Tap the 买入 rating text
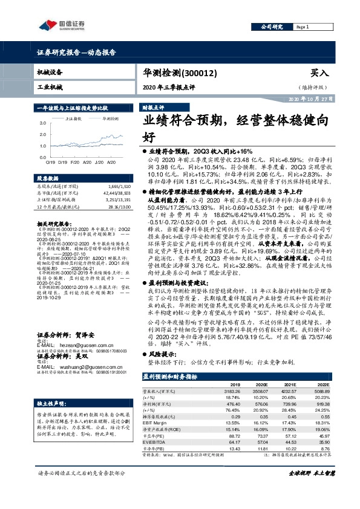319,72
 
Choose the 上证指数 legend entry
76,119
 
